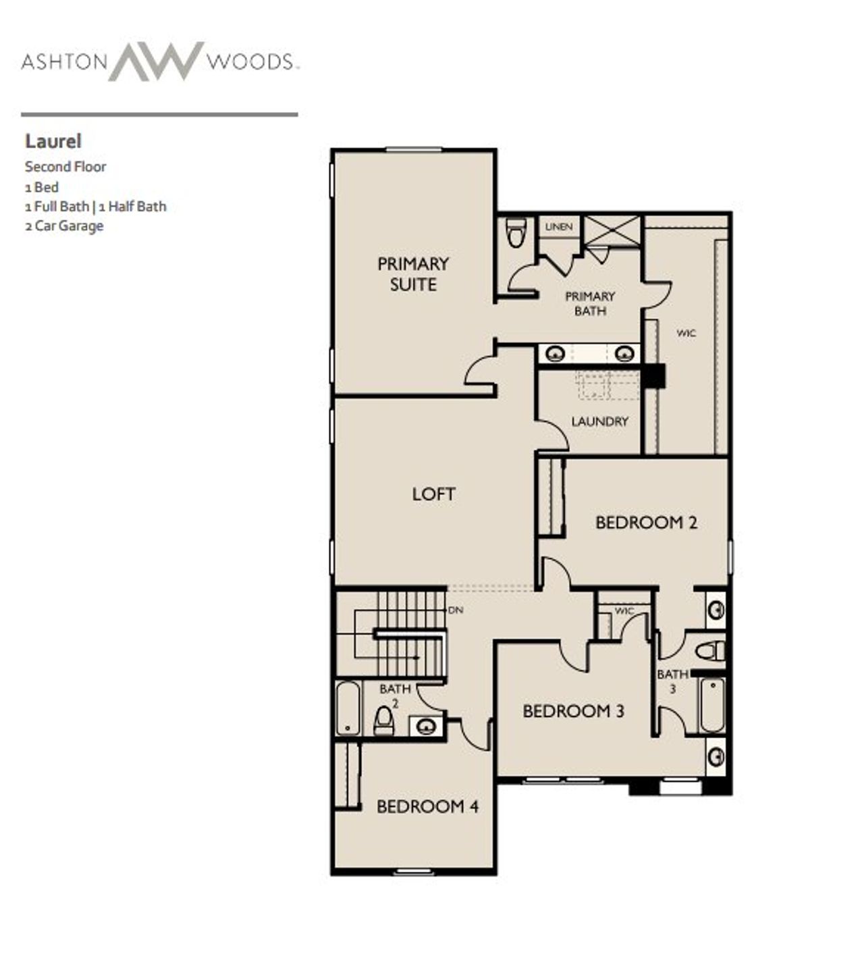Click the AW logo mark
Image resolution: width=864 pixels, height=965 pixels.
(156, 61)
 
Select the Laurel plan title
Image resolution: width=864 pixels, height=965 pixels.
(53, 141)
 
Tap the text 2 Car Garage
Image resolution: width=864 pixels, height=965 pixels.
(64, 226)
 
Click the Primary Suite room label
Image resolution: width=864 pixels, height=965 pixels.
(413, 273)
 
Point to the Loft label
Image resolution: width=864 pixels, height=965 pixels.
(433, 494)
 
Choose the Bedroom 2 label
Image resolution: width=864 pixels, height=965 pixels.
(646, 522)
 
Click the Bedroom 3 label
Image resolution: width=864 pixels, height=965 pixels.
(573, 711)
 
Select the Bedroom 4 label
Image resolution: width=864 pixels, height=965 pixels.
(427, 806)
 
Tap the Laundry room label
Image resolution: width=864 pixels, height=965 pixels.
(599, 421)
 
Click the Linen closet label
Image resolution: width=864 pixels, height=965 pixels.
(558, 227)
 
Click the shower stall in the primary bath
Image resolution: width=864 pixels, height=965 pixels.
(612, 232)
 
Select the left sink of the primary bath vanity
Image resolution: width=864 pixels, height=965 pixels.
(555, 353)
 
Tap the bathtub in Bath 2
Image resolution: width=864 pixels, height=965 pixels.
(348, 708)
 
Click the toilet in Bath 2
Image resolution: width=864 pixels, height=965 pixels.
(383, 721)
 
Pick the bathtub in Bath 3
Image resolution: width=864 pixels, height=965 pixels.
(712, 705)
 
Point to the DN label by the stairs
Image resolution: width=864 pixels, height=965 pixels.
(456, 610)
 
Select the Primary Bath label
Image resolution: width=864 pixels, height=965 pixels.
(590, 303)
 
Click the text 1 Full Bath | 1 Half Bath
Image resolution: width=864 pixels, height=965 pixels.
(95, 207)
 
